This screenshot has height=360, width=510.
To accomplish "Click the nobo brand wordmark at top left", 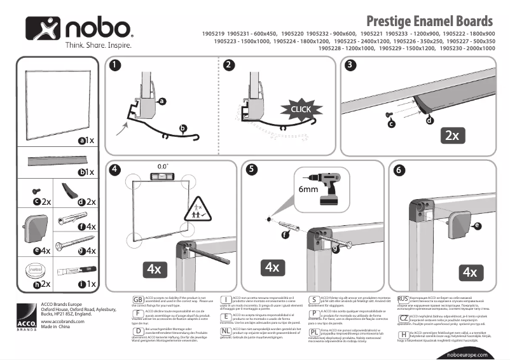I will pyautogui.click(x=97, y=29).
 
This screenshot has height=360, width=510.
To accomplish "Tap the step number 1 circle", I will pyautogui.click(x=114, y=65).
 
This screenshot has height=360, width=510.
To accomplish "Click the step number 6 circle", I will pyautogui.click(x=399, y=170).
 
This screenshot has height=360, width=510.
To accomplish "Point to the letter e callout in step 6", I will pyautogui.click(x=478, y=225).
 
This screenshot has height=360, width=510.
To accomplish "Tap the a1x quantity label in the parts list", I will pyautogui.click(x=86, y=141).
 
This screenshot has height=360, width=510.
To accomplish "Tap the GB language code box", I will pyautogui.click(x=137, y=299).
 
